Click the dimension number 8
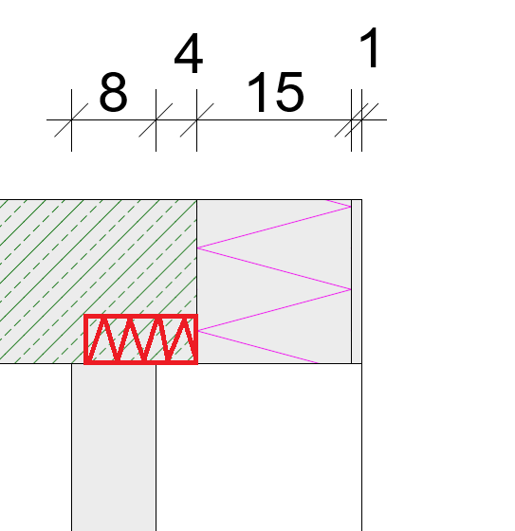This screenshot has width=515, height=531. pos(114,92)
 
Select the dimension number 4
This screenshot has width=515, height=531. pos(189,53)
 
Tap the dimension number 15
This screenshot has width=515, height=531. pos(276,92)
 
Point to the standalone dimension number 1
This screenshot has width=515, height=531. pos(370,47)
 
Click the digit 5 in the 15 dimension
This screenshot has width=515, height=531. pos(289,92)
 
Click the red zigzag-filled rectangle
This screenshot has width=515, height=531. pos(140,339)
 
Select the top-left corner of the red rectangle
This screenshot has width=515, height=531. pos(83,315)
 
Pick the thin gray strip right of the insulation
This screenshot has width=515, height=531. pos(357,282)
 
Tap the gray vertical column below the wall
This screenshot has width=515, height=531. pos(114,447)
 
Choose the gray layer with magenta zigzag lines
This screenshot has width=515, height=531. pos(274,282)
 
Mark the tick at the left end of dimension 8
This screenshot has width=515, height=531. pos(71,119)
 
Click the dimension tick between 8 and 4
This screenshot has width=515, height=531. pos(156,119)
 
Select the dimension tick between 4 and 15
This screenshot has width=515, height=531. pos(197,119)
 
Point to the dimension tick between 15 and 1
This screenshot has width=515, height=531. pos(351,119)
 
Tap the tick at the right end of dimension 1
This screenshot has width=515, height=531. pos(361,119)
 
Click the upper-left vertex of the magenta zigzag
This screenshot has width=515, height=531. pos(197,247)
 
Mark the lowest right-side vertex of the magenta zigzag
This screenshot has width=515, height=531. pos(351,289)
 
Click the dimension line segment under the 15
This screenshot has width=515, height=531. pos(274,119)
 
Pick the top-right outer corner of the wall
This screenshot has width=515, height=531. pos(362,200)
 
